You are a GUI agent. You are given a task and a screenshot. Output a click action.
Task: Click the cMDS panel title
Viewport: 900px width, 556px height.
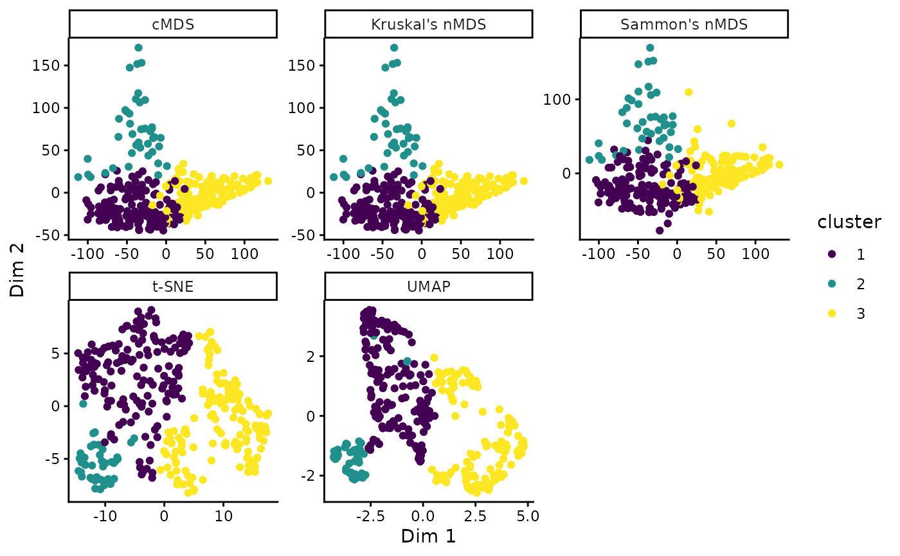pyautogui.click(x=173, y=24)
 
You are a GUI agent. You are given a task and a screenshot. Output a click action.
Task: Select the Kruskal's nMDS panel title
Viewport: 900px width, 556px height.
pyautogui.click(x=428, y=24)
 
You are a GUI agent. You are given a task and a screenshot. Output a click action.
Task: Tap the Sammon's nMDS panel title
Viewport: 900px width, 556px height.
pyautogui.click(x=684, y=24)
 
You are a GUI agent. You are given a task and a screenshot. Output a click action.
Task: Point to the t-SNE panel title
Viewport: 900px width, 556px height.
pyautogui.click(x=173, y=287)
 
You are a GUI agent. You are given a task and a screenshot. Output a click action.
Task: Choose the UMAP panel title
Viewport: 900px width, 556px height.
pyautogui.click(x=428, y=287)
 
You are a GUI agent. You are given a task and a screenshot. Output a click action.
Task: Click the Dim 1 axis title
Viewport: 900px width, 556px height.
pyautogui.click(x=428, y=536)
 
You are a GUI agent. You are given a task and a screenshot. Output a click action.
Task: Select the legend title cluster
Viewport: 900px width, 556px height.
pyautogui.click(x=849, y=222)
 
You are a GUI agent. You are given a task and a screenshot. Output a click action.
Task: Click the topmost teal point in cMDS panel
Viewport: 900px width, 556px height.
pyautogui.click(x=138, y=48)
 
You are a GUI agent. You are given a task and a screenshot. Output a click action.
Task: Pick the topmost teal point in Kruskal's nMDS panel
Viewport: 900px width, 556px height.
pyautogui.click(x=394, y=48)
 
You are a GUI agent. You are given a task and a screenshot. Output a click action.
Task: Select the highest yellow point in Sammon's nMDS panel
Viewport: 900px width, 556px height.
pyautogui.click(x=688, y=92)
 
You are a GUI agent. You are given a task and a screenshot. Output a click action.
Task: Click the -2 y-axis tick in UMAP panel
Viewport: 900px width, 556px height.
pyautogui.click(x=311, y=476)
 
